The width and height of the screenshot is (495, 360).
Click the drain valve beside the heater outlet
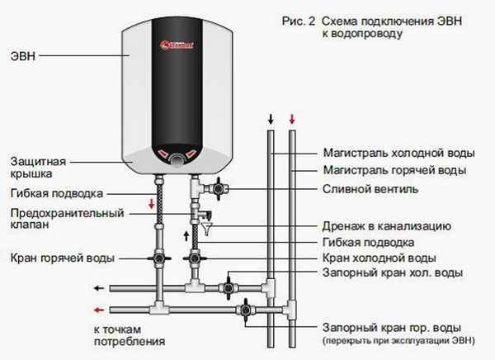pyautogui.click(x=216, y=188)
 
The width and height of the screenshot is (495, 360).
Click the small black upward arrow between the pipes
pyautogui.click(x=186, y=235)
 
